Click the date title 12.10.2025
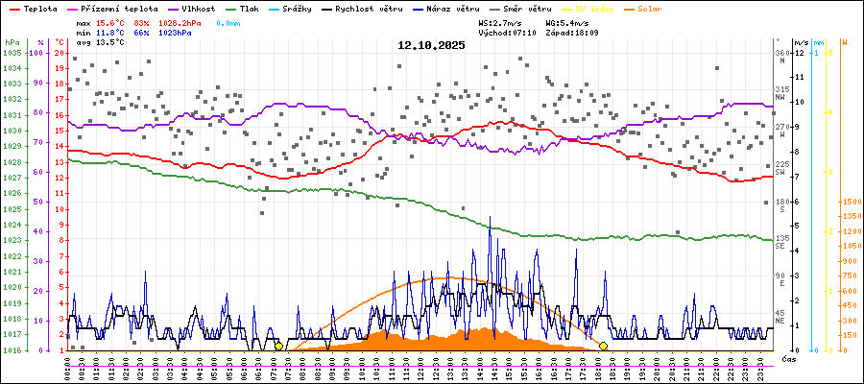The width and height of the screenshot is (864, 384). pyautogui.click(x=432, y=44)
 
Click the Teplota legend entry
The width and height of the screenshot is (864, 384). pyautogui.click(x=38, y=8)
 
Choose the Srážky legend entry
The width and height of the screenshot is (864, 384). pyautogui.click(x=302, y=8)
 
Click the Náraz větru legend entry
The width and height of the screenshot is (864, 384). pyautogui.click(x=461, y=8)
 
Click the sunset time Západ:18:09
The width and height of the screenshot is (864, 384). pyautogui.click(x=573, y=32)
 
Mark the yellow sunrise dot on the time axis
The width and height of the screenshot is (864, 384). pyautogui.click(x=279, y=346)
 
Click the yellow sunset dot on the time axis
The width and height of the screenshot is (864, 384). pyautogui.click(x=603, y=346)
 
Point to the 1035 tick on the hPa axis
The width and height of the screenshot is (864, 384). pyautogui.click(x=12, y=53)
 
